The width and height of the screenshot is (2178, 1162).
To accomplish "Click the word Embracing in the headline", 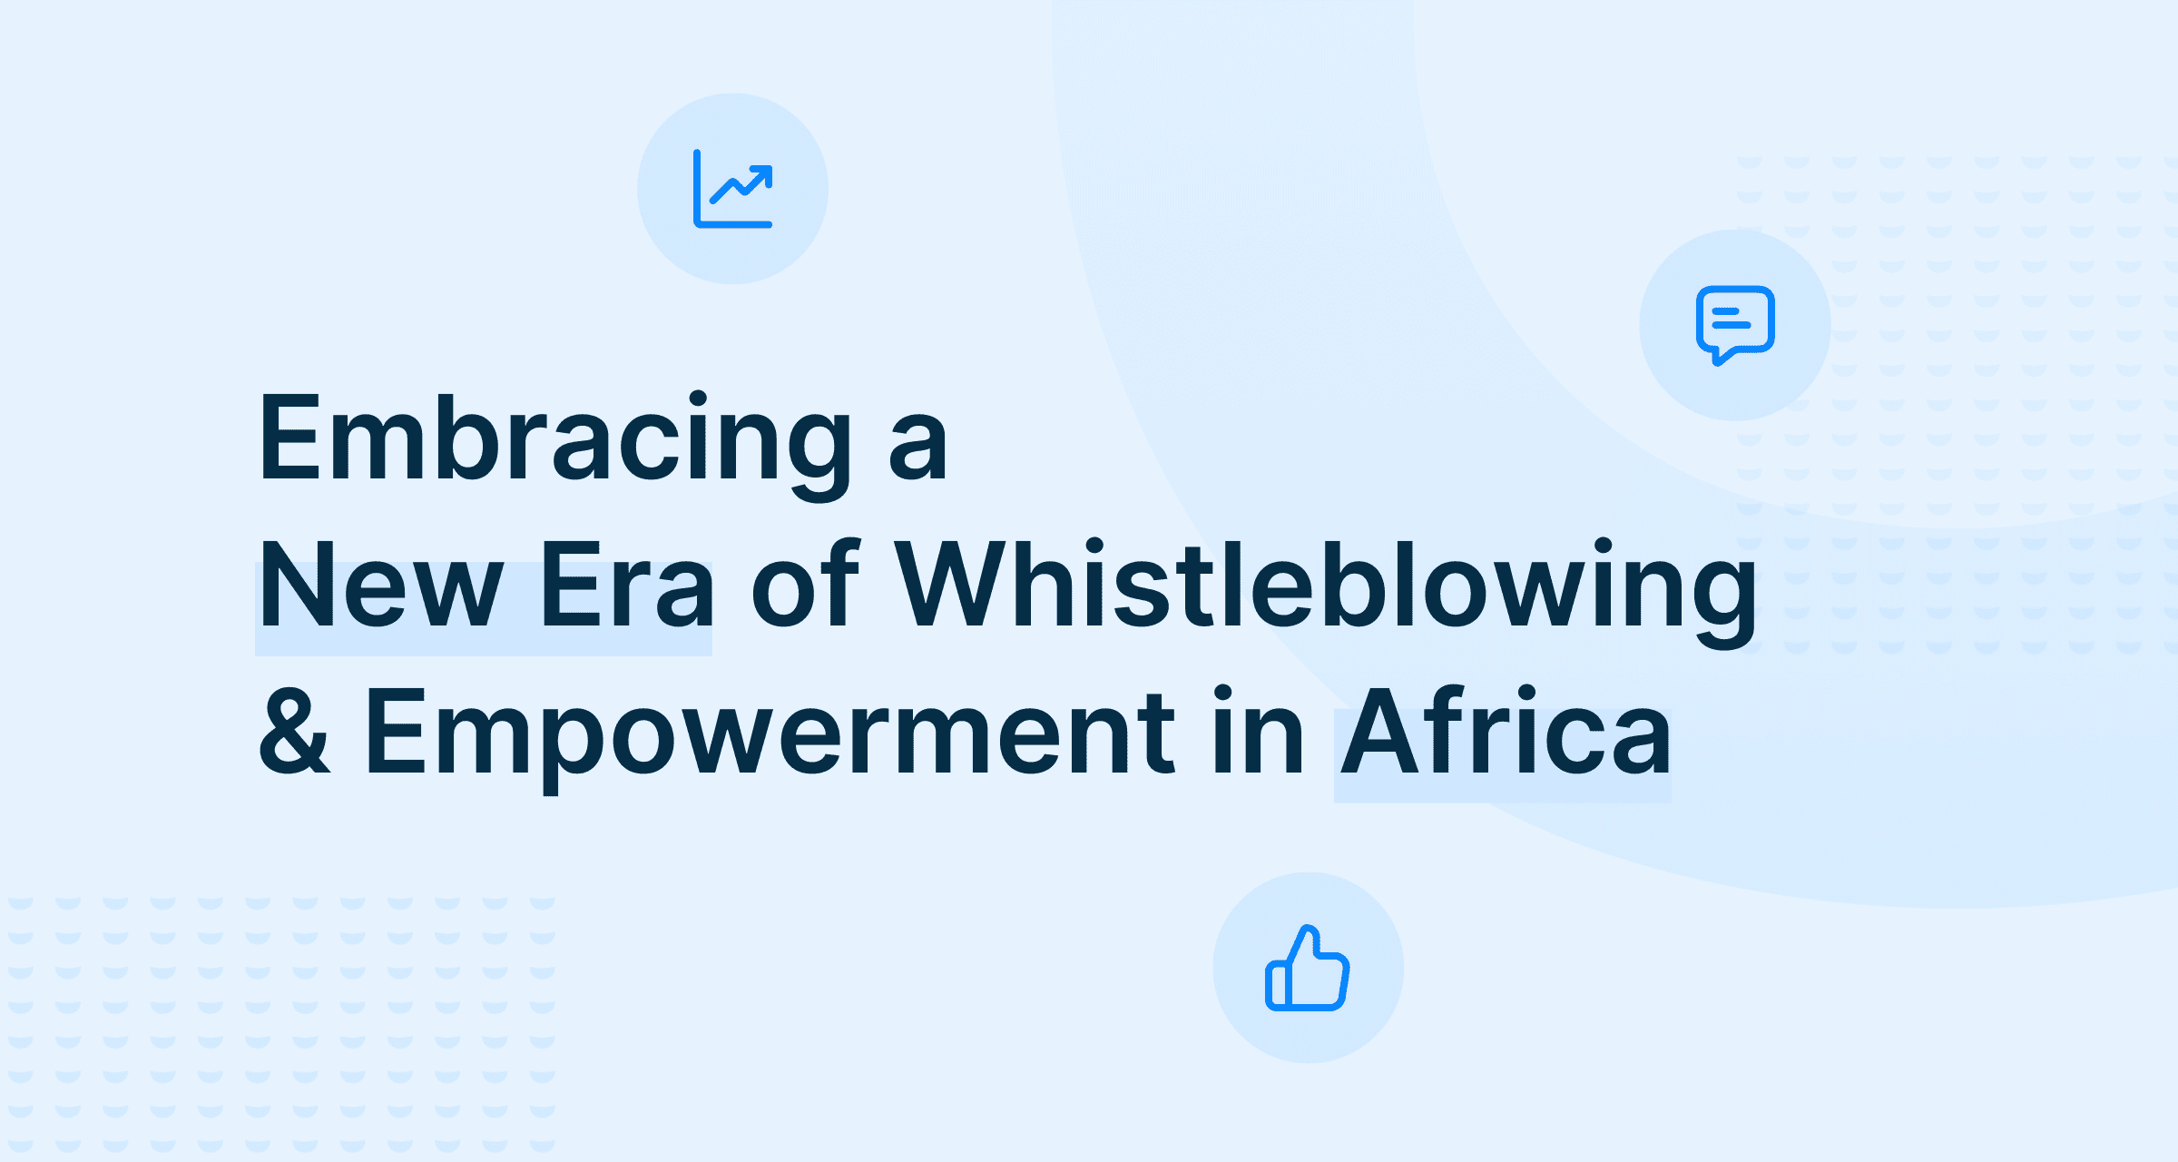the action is [x=555, y=445].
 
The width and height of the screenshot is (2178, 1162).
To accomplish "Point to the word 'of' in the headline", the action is [x=805, y=583].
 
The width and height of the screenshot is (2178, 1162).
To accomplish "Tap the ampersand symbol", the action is [x=294, y=730].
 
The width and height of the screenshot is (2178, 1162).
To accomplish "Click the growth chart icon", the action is [x=733, y=189].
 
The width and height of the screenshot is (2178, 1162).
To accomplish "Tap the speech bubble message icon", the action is [x=1735, y=325].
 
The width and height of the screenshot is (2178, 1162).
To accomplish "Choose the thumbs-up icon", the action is [x=1308, y=968].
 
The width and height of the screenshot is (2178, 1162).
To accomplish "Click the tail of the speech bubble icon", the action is [x=1720, y=357].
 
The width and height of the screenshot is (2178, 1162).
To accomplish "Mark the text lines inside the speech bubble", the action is [x=1730, y=318].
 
